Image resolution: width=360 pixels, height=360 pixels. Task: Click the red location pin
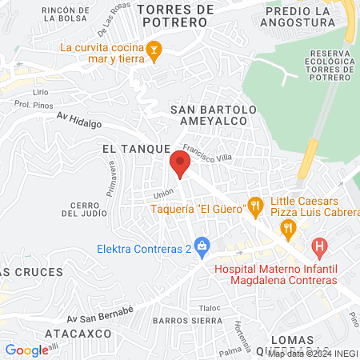tap(180, 165)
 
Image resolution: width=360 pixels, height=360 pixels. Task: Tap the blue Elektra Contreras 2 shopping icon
tap(202, 248)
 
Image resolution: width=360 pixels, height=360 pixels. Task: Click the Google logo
tap(26, 350)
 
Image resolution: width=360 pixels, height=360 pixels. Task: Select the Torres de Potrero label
tap(176, 15)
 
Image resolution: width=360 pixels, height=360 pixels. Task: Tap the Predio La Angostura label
tap(298, 15)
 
